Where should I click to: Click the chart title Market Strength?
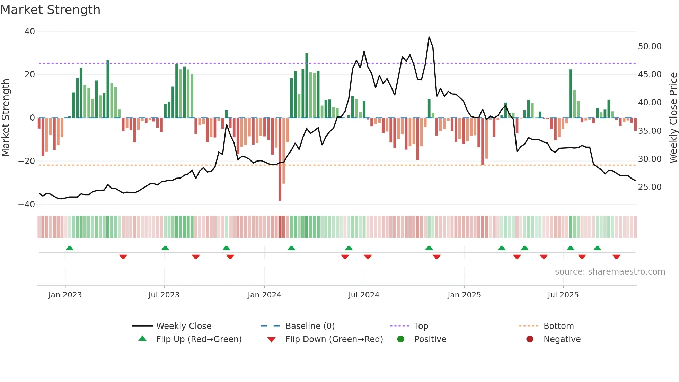[50, 10]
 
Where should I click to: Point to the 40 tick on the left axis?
[30, 32]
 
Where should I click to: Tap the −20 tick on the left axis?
[27, 161]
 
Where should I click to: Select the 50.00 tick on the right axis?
[650, 46]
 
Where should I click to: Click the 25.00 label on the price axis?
[650, 187]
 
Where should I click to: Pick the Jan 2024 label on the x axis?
[264, 295]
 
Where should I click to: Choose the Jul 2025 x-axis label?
[563, 295]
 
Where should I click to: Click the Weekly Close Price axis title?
[673, 118]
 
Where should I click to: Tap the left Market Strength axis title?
[6, 118]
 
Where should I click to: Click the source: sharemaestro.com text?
[610, 272]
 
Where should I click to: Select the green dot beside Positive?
[401, 339]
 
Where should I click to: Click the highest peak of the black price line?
[429, 37]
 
